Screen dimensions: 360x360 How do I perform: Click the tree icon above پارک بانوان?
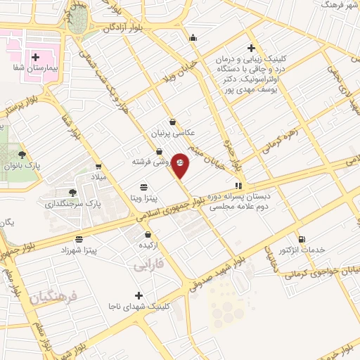point(22,155)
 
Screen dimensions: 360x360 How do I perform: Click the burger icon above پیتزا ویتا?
point(144,187)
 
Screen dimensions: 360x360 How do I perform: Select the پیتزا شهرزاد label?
point(83,250)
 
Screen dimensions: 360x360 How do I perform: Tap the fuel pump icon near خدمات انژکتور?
point(302,239)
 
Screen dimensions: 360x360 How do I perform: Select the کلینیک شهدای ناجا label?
point(137,307)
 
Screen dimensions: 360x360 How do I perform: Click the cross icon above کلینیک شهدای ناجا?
point(139,295)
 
